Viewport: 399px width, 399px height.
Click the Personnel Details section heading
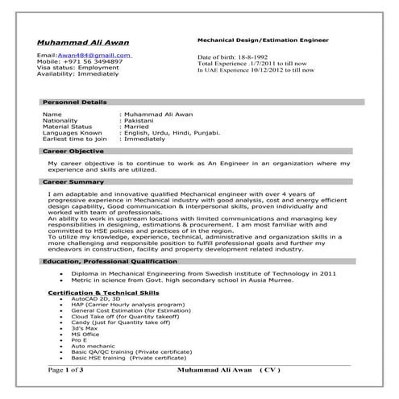(74, 102)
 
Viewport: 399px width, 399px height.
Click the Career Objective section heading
(73, 152)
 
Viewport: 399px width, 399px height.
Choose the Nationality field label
(62, 120)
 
